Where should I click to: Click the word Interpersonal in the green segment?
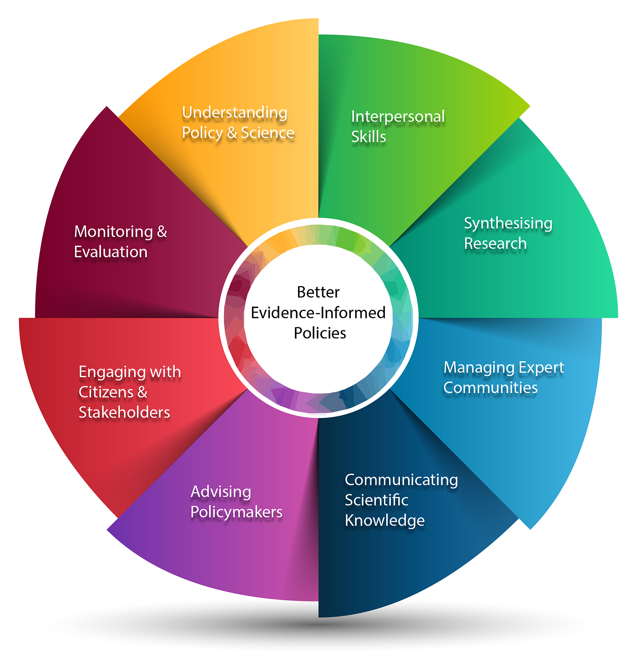(398, 116)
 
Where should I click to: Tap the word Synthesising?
(508, 223)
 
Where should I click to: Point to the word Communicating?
(401, 480)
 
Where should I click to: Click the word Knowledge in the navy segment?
(384, 520)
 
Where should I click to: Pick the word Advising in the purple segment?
(221, 492)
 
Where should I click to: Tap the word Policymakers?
(236, 512)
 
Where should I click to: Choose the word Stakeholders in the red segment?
(124, 412)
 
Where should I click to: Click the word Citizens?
(107, 392)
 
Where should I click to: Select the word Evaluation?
(111, 252)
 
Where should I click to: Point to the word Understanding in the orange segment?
(234, 112)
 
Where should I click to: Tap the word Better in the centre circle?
(318, 292)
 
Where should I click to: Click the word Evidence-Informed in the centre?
(318, 313)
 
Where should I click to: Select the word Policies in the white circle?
(320, 333)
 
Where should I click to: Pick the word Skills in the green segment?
(369, 137)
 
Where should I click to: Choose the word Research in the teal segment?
(495, 243)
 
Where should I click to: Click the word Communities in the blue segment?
(490, 388)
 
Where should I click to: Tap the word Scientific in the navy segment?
(376, 500)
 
